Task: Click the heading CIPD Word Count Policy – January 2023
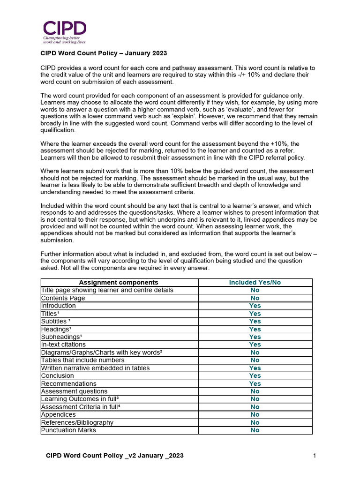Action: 104,53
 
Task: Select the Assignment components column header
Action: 119,282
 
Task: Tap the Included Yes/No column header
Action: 255,282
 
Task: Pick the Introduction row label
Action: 59,306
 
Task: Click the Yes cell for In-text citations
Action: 255,345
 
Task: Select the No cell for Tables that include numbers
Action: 255,360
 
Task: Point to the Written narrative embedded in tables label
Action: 96,368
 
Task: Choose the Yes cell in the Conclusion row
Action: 255,375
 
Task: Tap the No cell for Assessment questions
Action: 255,391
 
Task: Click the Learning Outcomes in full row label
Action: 78,399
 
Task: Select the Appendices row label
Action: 59,414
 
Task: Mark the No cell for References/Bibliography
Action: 255,422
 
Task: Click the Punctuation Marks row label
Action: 68,430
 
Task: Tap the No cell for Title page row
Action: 255,290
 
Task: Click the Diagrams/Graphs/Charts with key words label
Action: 102,352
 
